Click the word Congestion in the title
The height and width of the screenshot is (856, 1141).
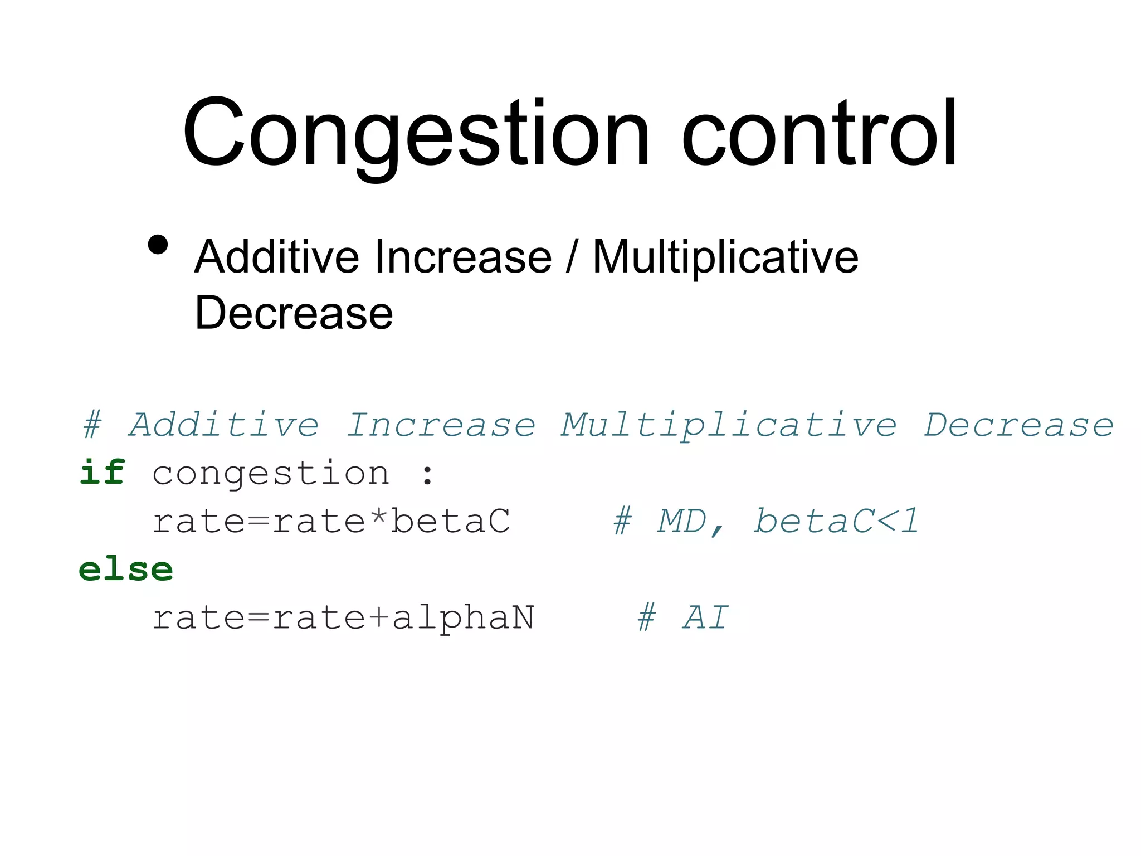415,134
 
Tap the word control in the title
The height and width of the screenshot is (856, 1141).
819,134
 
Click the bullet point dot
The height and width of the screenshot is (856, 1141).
158,245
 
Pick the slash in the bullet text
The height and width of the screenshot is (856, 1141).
571,257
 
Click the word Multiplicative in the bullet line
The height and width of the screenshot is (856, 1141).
725,258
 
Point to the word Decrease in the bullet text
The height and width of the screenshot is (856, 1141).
294,313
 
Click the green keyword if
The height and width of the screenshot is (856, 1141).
102,473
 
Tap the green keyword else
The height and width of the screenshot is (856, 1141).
126,570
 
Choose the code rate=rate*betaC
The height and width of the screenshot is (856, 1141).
331,521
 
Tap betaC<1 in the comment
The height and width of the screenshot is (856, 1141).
836,521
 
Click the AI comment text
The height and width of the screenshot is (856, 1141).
705,617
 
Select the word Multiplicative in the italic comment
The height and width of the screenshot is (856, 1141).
729,426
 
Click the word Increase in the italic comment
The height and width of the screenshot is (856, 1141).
441,425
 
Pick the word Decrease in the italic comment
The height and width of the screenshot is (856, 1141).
1018,425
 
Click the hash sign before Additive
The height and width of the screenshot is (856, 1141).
92,425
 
